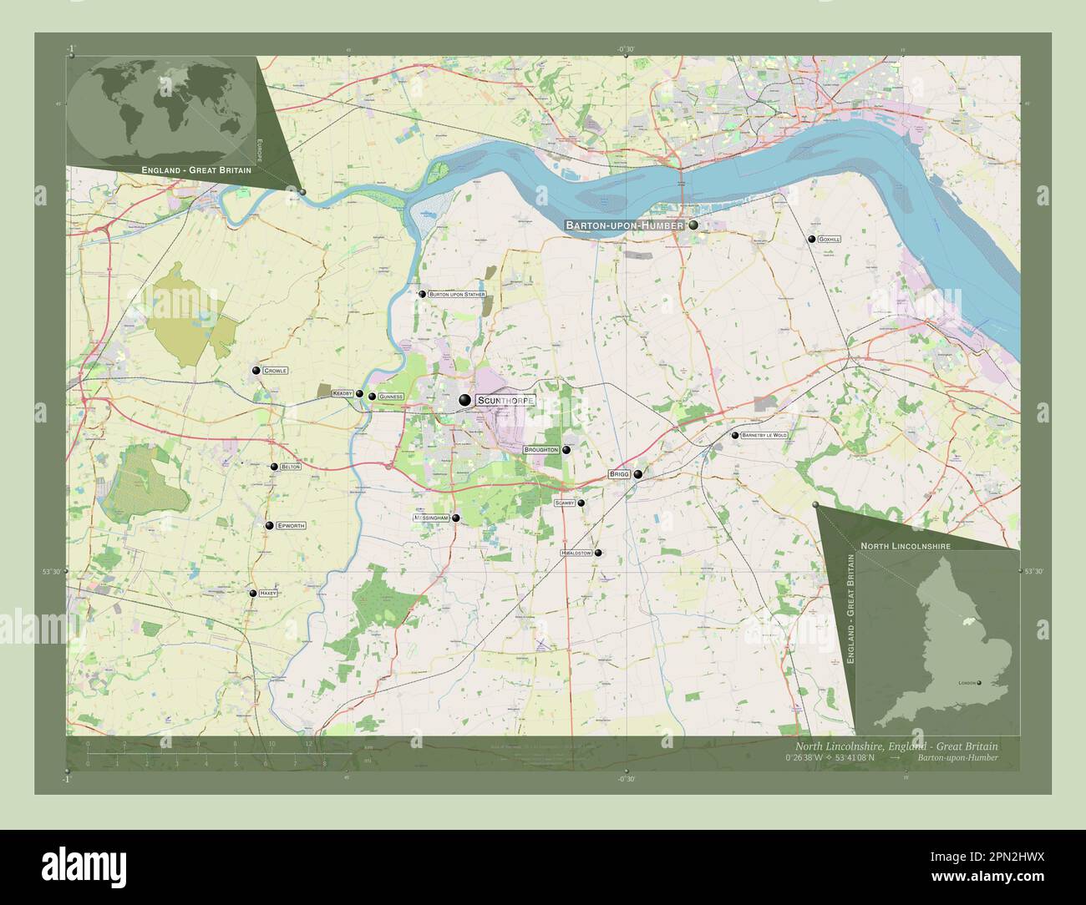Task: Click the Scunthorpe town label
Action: [x=504, y=401]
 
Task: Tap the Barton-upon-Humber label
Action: [x=625, y=225]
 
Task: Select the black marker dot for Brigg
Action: [x=638, y=474]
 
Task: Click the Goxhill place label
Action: [x=830, y=240]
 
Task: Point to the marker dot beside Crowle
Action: [x=256, y=370]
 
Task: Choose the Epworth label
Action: [x=291, y=526]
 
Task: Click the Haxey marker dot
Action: [x=252, y=593]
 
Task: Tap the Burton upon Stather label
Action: [x=457, y=294]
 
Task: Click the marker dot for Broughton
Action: [x=566, y=450]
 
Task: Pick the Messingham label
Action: [x=432, y=518]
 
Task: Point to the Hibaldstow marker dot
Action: [x=597, y=553]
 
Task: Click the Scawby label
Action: [x=565, y=503]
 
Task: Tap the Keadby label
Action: [x=343, y=392]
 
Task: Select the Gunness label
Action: [x=390, y=397]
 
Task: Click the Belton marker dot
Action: [x=274, y=467]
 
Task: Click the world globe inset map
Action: [x=161, y=110]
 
